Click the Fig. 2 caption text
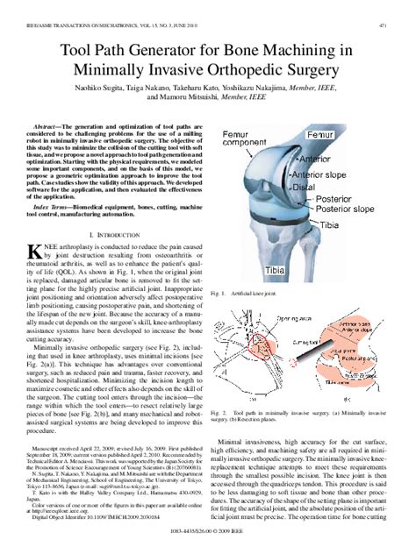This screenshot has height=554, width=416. pyautogui.click(x=307, y=441)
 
